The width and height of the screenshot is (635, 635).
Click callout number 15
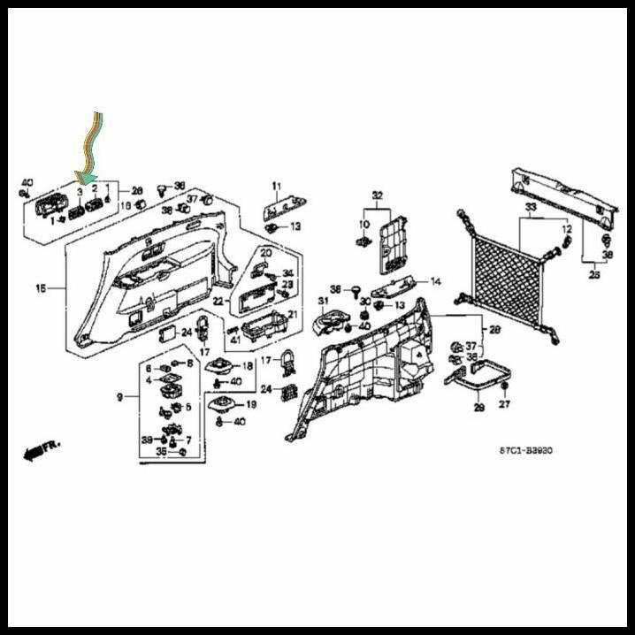coord(40,289)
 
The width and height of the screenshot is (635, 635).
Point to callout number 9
coord(119,397)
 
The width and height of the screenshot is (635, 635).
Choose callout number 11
coord(275,186)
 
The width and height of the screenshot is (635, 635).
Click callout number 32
coord(377,195)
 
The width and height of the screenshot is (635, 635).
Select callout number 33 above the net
coord(530,209)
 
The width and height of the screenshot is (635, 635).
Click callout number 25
coord(593,275)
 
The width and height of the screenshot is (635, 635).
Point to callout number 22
coord(218,302)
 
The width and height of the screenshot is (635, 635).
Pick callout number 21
coord(292,315)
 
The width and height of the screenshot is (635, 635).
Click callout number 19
coord(250,404)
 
